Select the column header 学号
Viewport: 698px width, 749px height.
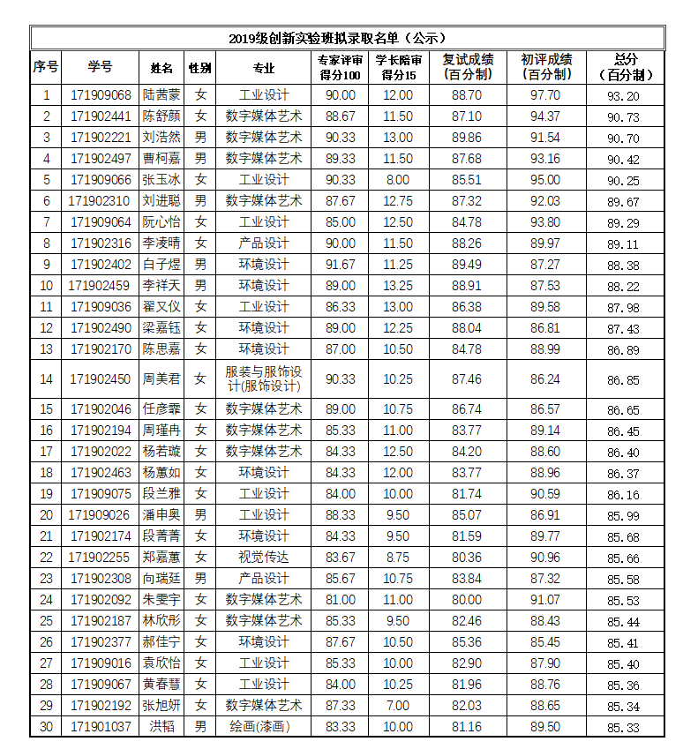coord(100,67)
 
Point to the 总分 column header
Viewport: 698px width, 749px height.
coord(625,67)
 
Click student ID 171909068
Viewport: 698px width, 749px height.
coord(101,95)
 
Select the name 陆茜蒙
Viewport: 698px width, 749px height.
coord(161,95)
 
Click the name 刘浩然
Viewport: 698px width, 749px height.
coord(161,138)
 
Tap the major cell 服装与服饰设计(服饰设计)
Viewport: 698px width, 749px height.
coord(264,378)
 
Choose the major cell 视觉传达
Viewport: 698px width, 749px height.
coord(264,558)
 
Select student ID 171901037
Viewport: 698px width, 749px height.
coord(101,727)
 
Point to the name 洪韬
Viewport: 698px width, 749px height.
coord(161,727)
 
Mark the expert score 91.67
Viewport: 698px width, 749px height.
coord(341,265)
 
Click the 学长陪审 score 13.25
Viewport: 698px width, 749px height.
coord(398,286)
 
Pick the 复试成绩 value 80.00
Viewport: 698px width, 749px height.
coord(467,600)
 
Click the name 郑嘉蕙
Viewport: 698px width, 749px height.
coord(161,558)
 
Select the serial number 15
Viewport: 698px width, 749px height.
coord(47,409)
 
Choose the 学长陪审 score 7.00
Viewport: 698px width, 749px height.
coord(398,706)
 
